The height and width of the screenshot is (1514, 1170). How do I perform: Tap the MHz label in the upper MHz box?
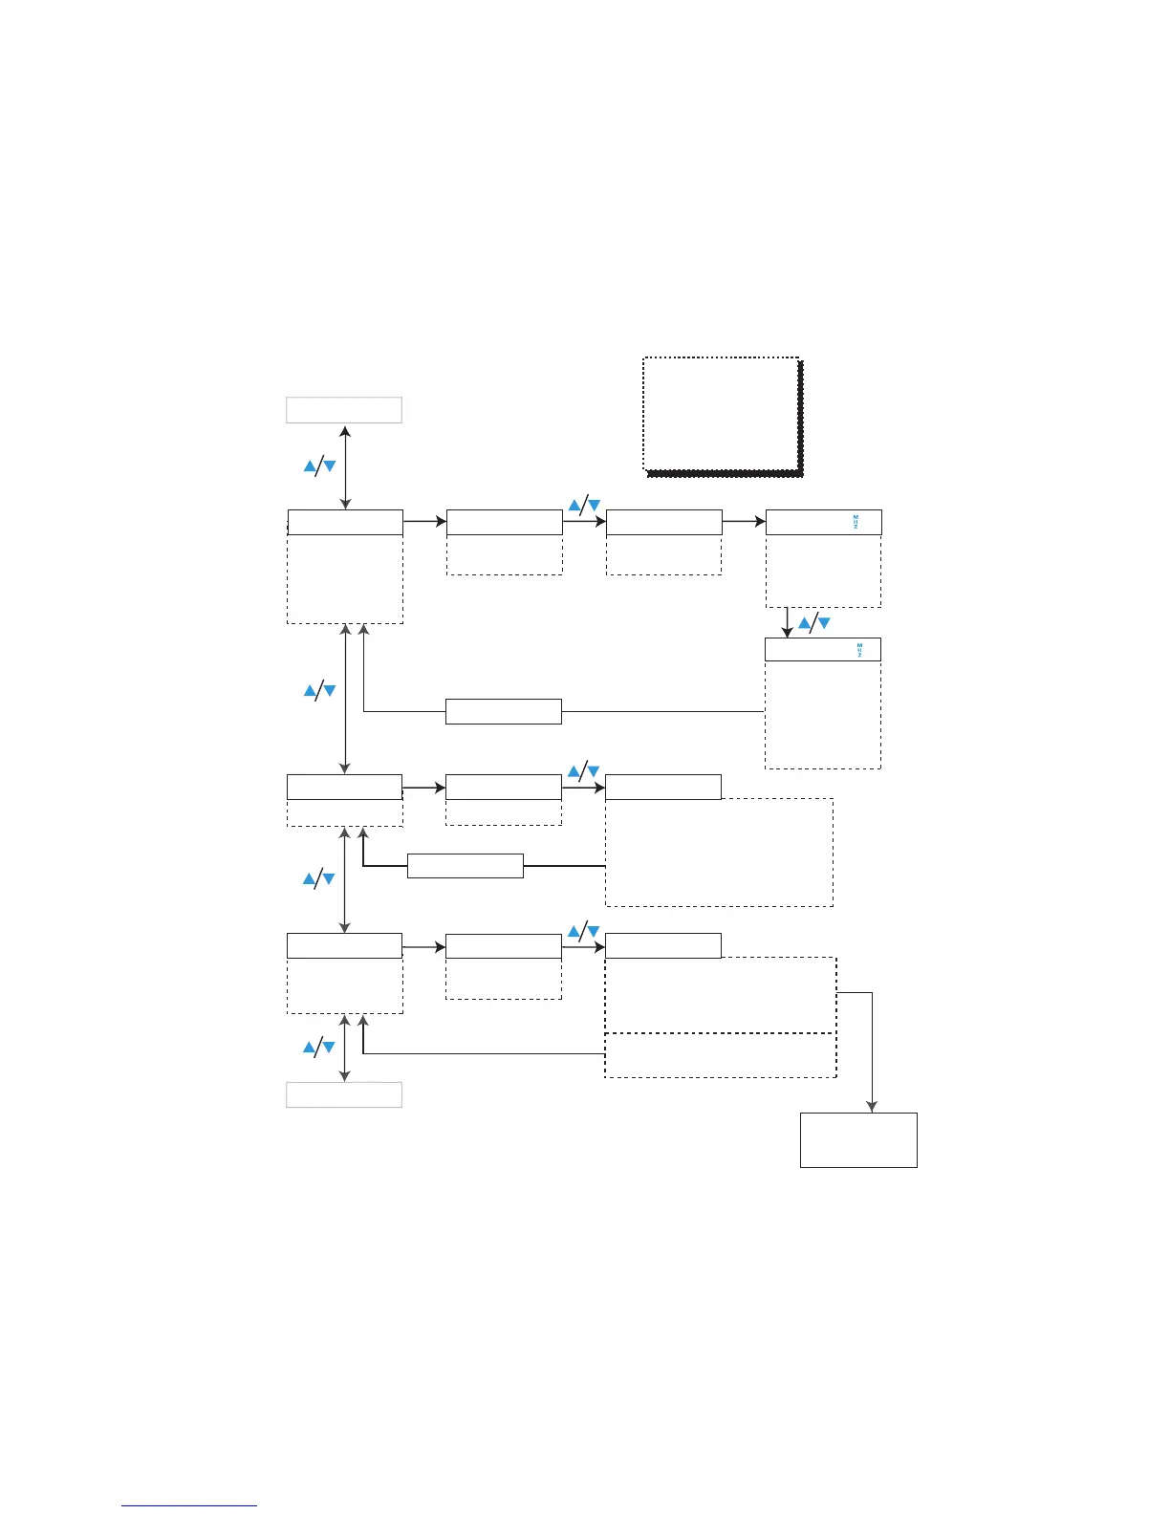click(x=856, y=522)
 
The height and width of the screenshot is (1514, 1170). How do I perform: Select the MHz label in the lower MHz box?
click(x=859, y=650)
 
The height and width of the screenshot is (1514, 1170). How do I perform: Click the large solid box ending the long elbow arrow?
click(x=858, y=1139)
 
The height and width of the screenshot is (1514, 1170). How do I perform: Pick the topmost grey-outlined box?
click(x=344, y=410)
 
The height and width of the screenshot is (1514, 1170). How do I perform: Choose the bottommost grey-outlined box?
click(x=344, y=1094)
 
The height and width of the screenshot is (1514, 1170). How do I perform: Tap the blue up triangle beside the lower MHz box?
click(x=804, y=623)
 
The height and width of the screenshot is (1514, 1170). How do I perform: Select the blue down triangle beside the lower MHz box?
click(x=824, y=623)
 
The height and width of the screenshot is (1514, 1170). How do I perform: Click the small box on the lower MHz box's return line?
click(x=503, y=711)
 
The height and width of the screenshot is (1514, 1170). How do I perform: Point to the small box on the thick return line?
click(x=465, y=866)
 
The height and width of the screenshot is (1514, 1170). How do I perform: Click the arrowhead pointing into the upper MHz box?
click(x=760, y=522)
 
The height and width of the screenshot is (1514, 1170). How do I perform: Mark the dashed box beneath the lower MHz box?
click(x=822, y=715)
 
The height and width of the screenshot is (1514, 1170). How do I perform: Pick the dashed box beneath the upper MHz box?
click(x=823, y=571)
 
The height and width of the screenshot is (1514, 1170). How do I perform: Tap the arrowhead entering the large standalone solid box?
click(x=872, y=1106)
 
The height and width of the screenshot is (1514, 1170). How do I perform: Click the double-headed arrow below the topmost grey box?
click(x=345, y=468)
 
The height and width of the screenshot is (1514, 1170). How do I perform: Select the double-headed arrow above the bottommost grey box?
click(x=344, y=1049)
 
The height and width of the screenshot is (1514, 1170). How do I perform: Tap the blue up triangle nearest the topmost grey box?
click(x=310, y=466)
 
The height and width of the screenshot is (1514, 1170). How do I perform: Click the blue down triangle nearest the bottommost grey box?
click(x=329, y=1048)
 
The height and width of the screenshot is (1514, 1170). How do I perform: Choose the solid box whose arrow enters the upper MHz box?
click(x=663, y=522)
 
